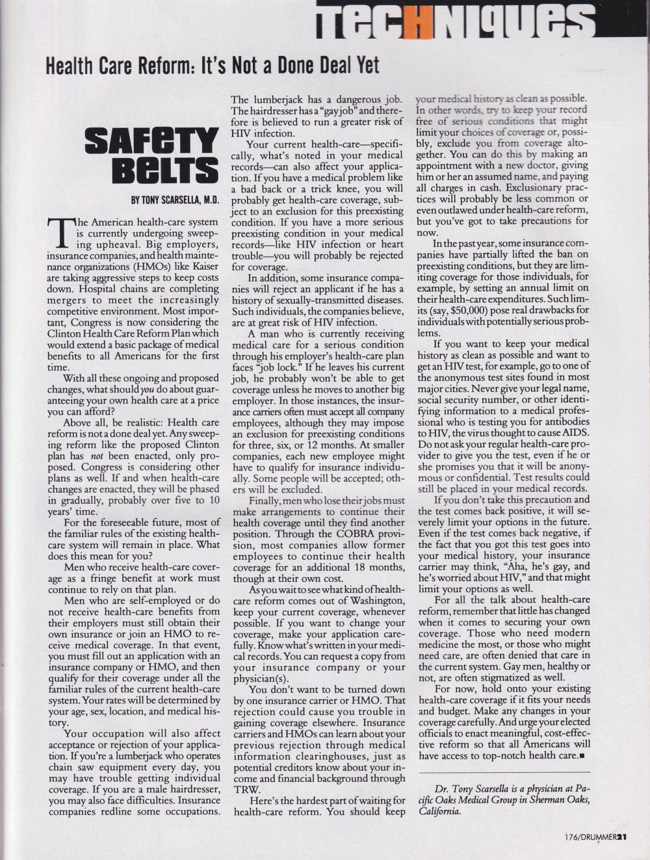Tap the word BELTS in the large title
tap(165, 170)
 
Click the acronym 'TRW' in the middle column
tap(245, 789)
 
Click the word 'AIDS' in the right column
tap(575, 433)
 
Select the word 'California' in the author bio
tap(441, 811)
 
